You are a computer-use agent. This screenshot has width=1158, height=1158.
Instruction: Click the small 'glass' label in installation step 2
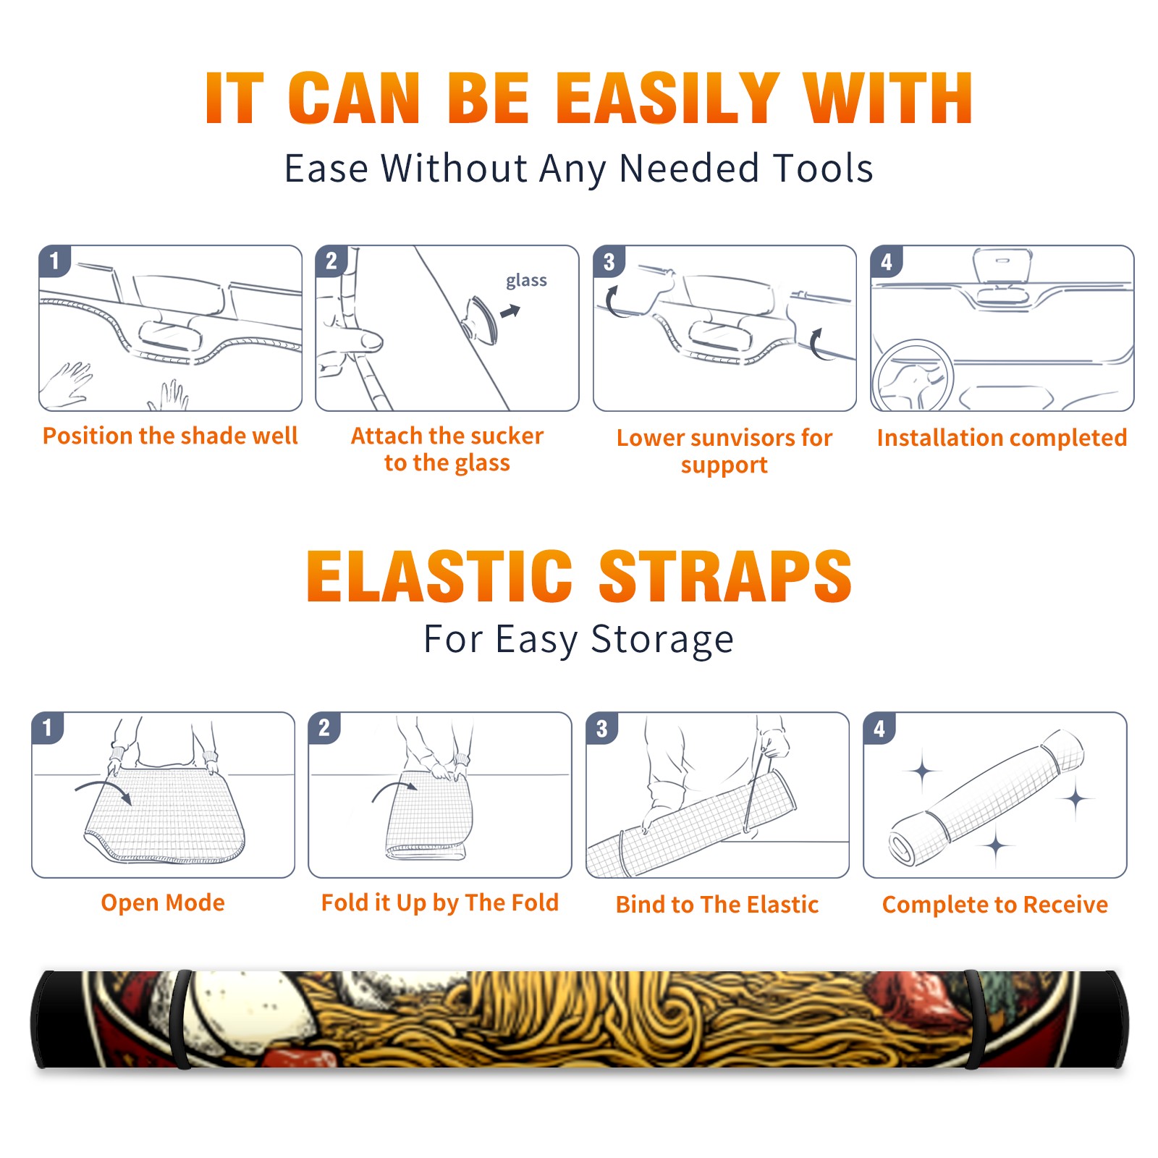[x=526, y=280]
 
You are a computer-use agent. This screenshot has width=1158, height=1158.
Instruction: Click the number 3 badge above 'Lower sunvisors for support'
[x=609, y=261]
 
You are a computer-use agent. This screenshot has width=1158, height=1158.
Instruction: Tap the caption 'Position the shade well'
[x=170, y=436]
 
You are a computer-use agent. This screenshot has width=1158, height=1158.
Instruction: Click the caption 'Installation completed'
[x=1002, y=438]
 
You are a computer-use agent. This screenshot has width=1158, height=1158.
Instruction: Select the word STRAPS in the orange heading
[x=725, y=576]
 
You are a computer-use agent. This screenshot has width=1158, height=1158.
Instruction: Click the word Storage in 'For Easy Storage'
[x=662, y=640]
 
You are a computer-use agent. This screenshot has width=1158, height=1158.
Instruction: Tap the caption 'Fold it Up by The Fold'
[x=440, y=903]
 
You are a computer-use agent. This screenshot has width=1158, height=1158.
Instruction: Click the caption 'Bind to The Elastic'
[x=717, y=905]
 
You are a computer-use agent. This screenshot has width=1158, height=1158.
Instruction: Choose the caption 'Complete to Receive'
[x=995, y=905]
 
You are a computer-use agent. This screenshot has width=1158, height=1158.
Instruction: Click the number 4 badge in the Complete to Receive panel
[x=879, y=728]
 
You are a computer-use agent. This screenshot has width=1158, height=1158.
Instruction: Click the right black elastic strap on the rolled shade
[x=974, y=1019]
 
